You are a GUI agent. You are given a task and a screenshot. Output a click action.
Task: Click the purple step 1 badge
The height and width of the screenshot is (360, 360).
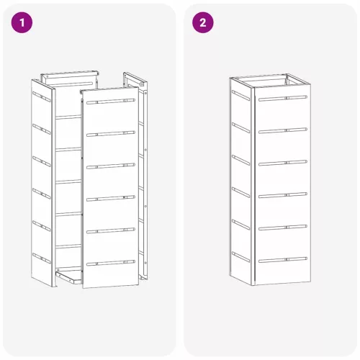[x=22, y=22]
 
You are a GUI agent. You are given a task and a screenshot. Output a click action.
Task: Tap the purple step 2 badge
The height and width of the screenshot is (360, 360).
[x=203, y=22]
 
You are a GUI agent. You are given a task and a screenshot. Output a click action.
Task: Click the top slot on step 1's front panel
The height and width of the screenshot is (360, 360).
[x=111, y=101]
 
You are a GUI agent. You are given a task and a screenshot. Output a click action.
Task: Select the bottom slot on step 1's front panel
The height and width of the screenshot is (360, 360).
[x=111, y=263]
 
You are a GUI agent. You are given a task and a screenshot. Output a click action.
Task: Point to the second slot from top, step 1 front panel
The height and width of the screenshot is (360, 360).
[x=111, y=133]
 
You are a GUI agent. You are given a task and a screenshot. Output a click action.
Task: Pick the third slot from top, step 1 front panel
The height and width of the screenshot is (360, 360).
[x=111, y=166]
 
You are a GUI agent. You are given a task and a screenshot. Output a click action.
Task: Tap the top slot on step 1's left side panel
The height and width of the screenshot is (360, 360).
[x=42, y=96]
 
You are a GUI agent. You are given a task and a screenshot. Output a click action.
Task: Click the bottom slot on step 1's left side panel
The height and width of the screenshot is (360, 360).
[x=42, y=258]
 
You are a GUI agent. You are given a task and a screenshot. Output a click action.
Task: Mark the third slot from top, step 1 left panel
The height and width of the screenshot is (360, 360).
[x=42, y=161]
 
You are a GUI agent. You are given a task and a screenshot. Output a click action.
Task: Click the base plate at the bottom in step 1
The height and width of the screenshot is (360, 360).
[x=68, y=276]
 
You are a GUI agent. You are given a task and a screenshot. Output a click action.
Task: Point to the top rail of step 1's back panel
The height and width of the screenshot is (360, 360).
[x=70, y=74]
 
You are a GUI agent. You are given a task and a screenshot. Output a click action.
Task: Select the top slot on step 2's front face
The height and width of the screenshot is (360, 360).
[x=283, y=98]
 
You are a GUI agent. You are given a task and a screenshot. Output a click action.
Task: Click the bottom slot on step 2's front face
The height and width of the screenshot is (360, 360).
[x=283, y=260]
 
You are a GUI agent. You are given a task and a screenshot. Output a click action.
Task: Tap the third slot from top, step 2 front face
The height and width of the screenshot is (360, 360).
[x=283, y=163]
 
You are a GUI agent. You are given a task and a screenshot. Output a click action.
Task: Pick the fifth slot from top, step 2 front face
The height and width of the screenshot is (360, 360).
[x=283, y=228]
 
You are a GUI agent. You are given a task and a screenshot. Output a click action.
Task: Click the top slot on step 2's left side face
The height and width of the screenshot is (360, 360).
[x=240, y=95]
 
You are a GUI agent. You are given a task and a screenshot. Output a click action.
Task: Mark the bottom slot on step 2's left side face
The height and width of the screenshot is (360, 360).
[x=240, y=257]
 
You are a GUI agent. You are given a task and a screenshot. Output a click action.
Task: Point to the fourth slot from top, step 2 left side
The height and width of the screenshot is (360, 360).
[x=240, y=192]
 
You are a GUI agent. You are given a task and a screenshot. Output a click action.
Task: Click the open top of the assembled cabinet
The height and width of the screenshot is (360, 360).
[x=270, y=80]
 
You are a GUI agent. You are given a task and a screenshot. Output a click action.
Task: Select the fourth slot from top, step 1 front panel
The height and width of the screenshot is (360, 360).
[x=111, y=198]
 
